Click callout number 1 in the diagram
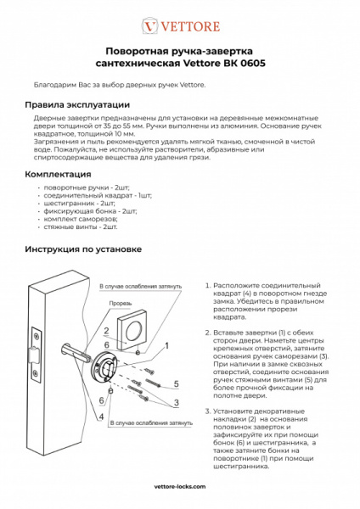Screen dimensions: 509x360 pos(167,345)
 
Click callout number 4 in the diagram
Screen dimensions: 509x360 pos(101,417)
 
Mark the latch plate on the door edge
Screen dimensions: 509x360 pos(35,357)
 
